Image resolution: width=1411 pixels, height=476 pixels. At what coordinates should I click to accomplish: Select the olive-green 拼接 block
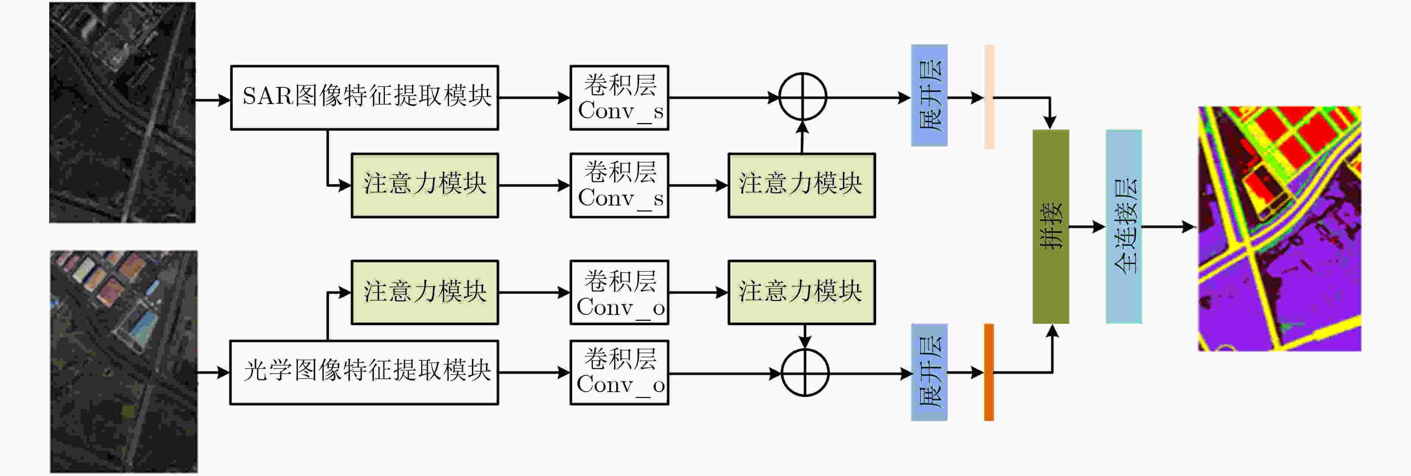(1050, 226)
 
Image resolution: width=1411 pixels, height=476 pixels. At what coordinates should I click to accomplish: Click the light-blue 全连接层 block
(1124, 226)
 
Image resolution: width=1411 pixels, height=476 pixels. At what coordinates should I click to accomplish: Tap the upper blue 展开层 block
(929, 95)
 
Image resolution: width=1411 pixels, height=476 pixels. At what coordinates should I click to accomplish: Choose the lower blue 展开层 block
(929, 372)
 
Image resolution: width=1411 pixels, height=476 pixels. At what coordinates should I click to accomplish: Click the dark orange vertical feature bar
(989, 372)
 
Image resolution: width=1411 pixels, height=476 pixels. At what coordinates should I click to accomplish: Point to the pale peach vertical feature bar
(989, 96)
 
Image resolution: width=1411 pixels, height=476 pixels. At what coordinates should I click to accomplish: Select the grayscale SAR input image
(122, 112)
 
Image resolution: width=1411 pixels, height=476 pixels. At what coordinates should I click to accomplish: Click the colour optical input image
(124, 361)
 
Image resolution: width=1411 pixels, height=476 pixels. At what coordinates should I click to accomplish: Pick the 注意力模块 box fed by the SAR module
(424, 185)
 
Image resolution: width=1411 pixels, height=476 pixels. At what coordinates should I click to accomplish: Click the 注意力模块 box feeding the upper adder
(801, 185)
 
